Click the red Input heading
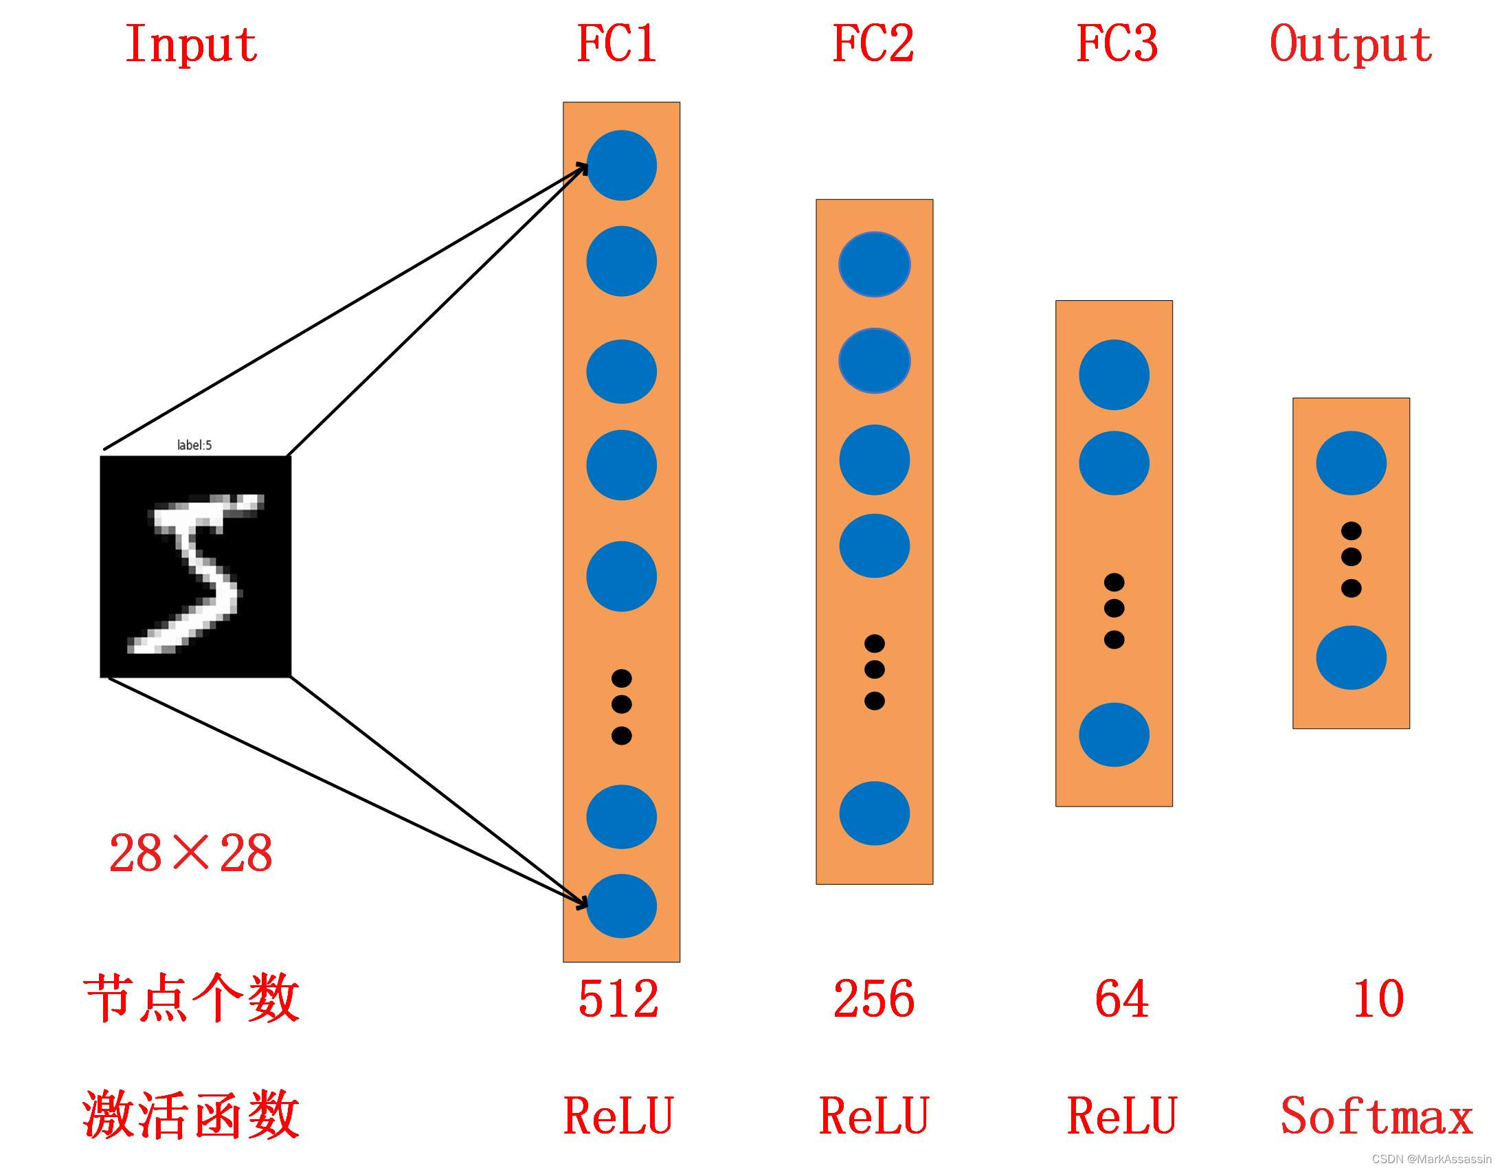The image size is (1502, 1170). point(191,45)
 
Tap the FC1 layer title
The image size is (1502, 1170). point(617,43)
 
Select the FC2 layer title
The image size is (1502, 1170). point(873,43)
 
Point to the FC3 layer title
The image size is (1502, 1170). point(1117,43)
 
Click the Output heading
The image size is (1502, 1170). point(1351,45)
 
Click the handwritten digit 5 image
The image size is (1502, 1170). point(196,566)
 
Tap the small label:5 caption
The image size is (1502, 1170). point(194,445)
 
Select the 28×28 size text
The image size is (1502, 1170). point(190,853)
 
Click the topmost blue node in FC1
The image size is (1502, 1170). point(621,165)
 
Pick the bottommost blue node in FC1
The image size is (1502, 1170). point(621,906)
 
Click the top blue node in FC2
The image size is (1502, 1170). point(874,264)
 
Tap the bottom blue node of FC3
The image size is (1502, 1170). point(1113,734)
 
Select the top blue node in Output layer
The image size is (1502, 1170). point(1351,463)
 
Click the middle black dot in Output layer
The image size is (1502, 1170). point(1351,556)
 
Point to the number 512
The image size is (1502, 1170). point(618,999)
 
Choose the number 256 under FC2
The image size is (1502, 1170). point(874,999)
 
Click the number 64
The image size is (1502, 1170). point(1121,999)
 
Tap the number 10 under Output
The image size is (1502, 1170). point(1378,999)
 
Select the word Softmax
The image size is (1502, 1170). point(1376,1116)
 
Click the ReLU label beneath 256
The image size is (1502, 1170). point(874,1116)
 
